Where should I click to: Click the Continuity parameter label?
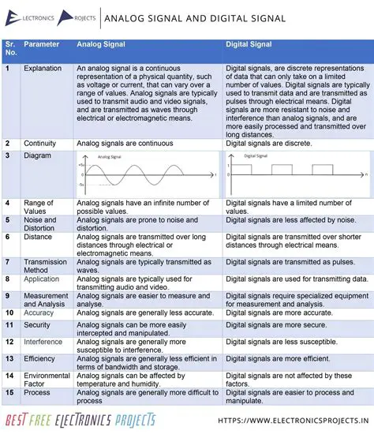(x=39, y=143)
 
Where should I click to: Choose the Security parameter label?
(x=37, y=325)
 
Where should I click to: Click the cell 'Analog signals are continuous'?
(x=124, y=143)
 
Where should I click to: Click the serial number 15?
(x=8, y=392)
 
